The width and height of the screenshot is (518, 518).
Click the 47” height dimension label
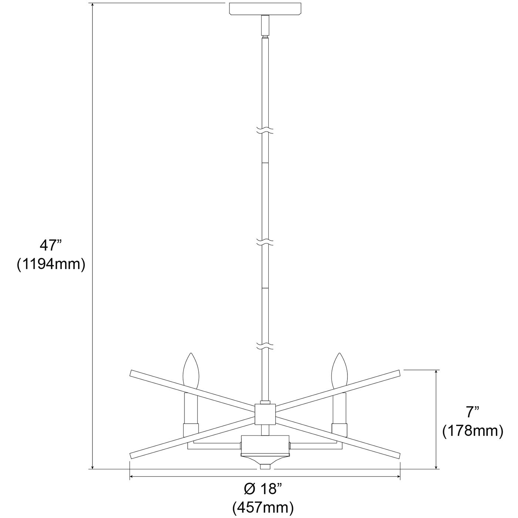point(51,245)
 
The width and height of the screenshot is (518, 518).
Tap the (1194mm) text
point(51,265)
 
